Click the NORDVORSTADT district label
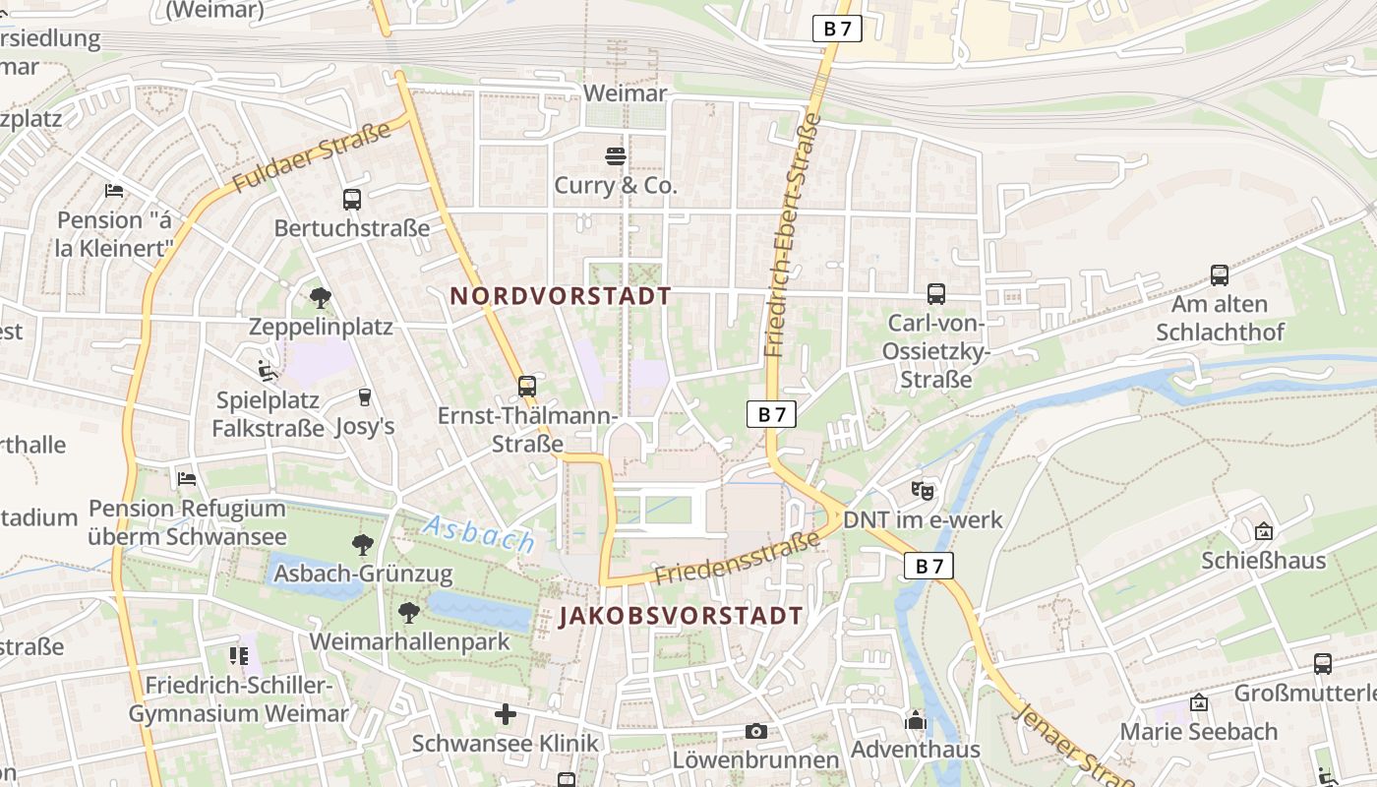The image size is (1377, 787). tap(561, 296)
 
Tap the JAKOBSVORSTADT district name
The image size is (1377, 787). tap(681, 617)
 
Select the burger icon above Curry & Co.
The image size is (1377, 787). tap(616, 155)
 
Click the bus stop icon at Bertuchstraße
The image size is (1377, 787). tap(352, 200)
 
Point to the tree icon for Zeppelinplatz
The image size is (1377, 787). tap(320, 297)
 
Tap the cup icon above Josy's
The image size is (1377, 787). tap(365, 396)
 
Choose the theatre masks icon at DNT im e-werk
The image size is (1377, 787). tap(922, 489)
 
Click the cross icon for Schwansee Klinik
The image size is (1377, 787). tap(506, 713)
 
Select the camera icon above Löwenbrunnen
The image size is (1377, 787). tap(755, 731)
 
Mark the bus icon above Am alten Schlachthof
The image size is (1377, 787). tap(1220, 275)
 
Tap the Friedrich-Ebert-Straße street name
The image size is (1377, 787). tap(791, 234)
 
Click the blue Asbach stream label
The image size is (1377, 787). tap(478, 533)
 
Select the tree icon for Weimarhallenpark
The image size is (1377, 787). tap(409, 613)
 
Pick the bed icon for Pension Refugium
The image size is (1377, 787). tap(187, 479)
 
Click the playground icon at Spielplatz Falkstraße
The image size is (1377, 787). tap(267, 371)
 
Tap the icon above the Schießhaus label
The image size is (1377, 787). tap(1264, 531)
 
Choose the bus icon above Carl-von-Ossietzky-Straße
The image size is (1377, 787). tap(936, 293)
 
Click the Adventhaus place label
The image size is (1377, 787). tap(915, 750)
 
